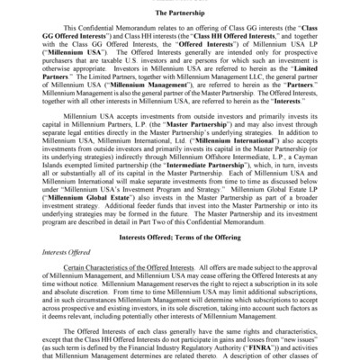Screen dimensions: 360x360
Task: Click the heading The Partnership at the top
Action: [180, 14]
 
